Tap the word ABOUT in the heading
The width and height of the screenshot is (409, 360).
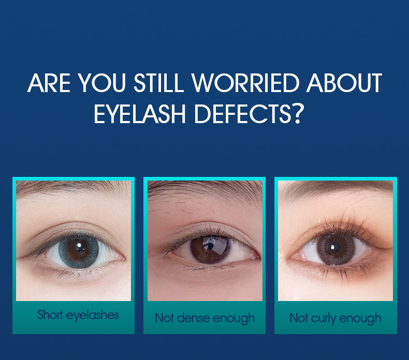[344, 84]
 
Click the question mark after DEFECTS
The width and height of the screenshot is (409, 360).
[296, 113]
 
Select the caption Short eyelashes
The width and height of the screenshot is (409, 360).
[78, 314]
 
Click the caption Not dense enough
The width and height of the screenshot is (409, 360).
[204, 318]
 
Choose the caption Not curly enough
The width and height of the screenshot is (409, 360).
[335, 318]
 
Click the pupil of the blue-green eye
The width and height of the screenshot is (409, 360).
[78, 248]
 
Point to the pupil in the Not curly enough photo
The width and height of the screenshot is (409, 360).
[334, 246]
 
